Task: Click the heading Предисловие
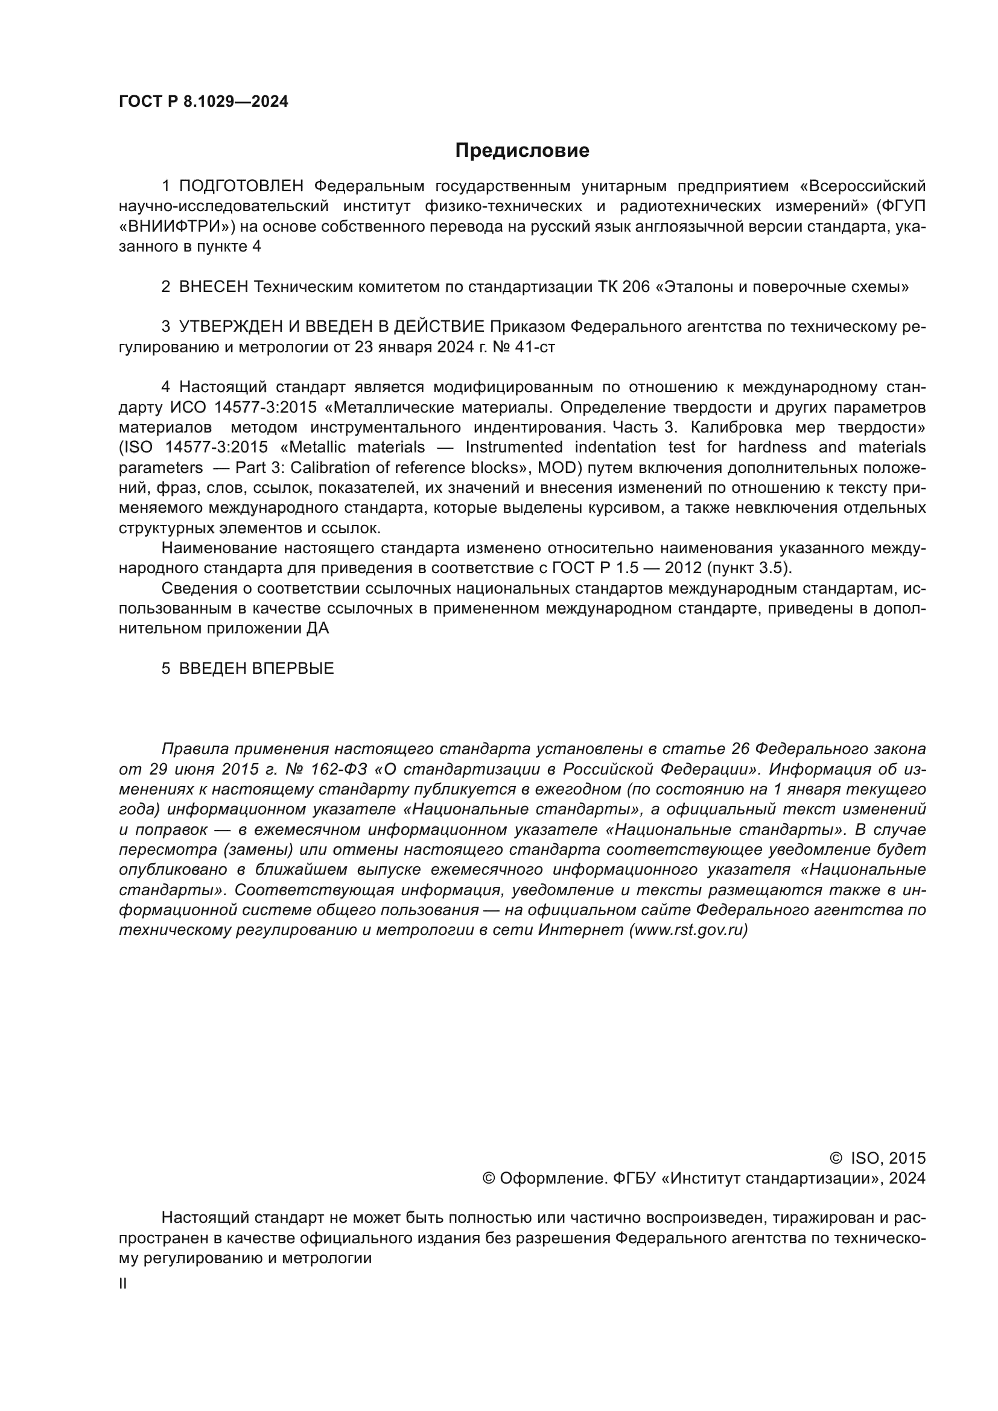coord(522,151)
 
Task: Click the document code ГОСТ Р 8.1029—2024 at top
coord(203,102)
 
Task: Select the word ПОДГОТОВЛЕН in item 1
coord(241,186)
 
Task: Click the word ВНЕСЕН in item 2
coord(213,287)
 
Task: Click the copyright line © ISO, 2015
coord(877,1158)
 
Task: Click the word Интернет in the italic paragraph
coord(580,930)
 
